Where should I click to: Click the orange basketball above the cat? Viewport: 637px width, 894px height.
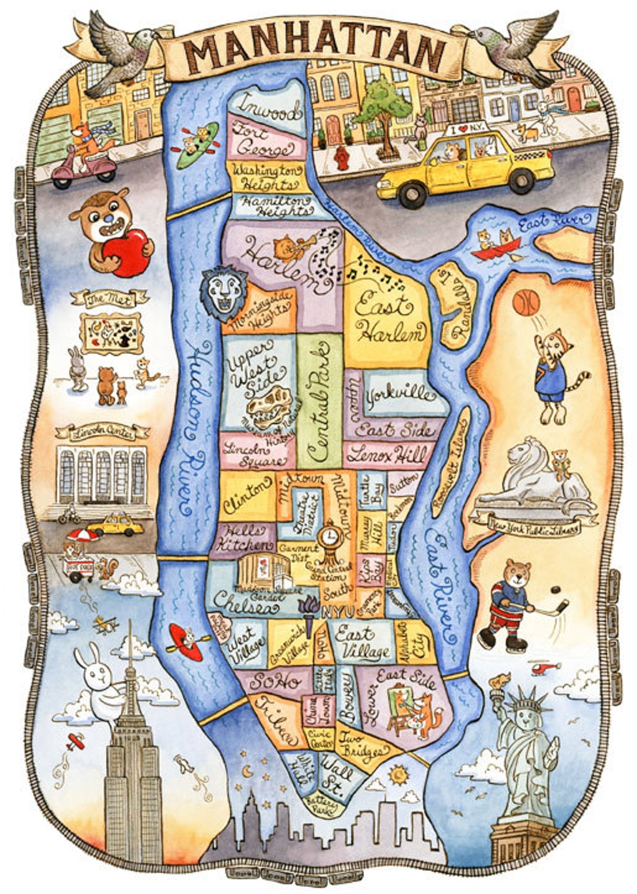click(526, 303)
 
